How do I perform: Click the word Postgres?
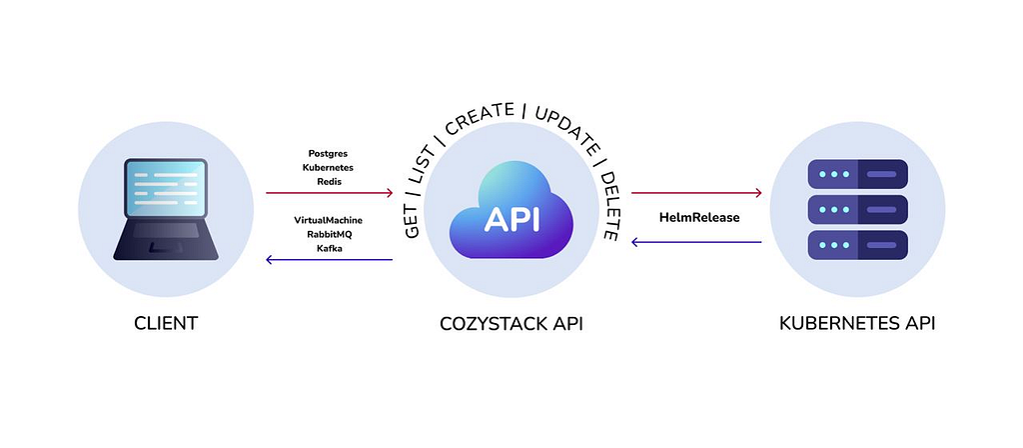328,153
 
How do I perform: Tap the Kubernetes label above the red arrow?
328,167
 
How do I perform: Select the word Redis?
328,182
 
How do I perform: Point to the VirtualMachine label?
328,220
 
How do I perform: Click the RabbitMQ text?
328,234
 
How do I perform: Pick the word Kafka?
329,248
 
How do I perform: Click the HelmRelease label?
699,217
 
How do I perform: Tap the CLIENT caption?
166,323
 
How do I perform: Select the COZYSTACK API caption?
511,324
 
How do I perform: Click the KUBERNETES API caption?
857,323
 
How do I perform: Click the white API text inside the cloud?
511,219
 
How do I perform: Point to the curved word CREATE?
481,118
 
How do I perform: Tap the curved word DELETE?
609,204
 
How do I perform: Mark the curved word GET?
412,221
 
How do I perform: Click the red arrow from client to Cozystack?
330,193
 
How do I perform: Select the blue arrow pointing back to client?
330,259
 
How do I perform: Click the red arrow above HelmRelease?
696,193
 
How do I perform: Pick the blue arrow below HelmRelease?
696,242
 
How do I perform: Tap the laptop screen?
166,188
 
